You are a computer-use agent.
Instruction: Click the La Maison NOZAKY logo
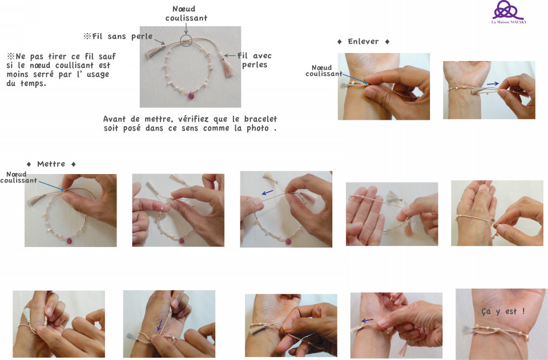(x=509, y=12)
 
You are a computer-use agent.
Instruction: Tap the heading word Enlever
(x=363, y=42)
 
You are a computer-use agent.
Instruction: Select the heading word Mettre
(x=51, y=164)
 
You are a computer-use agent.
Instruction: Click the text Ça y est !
(x=503, y=311)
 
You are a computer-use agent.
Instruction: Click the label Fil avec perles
(x=255, y=60)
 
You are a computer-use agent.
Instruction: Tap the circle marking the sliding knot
(x=186, y=41)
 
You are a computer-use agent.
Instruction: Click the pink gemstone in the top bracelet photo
(x=191, y=95)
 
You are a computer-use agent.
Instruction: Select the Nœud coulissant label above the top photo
(x=186, y=13)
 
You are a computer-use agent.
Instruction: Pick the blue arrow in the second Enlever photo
(x=493, y=83)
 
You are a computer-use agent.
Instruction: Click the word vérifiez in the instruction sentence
(x=193, y=119)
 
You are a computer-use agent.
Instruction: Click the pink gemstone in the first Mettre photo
(x=69, y=241)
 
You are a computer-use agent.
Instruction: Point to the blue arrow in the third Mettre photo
(x=267, y=192)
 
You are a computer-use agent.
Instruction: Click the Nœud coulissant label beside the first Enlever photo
(x=324, y=71)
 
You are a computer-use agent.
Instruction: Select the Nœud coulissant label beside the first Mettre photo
(x=18, y=177)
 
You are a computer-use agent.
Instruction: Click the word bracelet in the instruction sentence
(x=260, y=119)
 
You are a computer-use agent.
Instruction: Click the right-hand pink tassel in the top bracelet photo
(x=228, y=67)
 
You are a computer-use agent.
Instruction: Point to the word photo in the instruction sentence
(x=257, y=128)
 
